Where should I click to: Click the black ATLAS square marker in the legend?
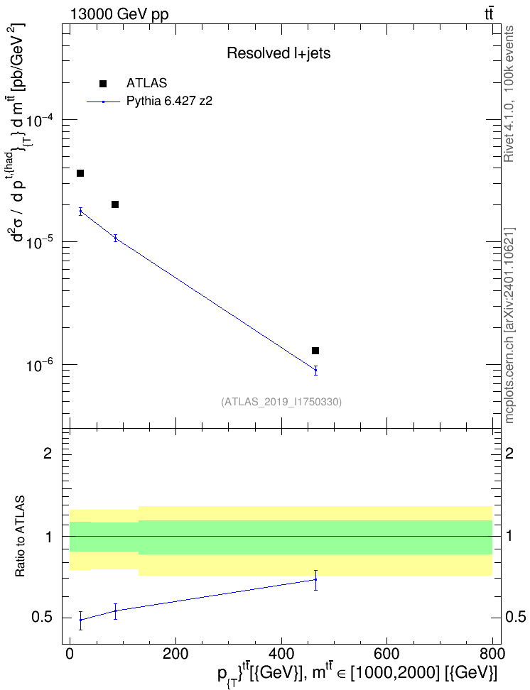[103, 84]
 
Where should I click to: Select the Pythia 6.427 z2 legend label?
[169, 102]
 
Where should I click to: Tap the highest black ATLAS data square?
[80, 173]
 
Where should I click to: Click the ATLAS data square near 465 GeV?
[315, 351]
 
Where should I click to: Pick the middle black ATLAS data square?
[115, 204]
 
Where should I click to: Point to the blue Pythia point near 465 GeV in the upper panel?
[315, 370]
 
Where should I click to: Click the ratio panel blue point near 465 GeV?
[315, 579]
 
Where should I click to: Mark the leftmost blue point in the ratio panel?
[80, 620]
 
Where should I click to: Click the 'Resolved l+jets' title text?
[278, 53]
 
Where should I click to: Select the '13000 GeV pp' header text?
[119, 14]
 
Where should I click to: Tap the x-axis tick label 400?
[281, 654]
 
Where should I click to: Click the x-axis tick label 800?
[492, 654]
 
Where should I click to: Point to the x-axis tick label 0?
[70, 654]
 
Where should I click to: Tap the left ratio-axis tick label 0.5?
[42, 618]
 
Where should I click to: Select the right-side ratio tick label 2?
[509, 453]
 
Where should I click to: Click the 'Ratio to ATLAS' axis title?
[20, 537]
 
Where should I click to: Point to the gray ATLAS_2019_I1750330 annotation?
[281, 401]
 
